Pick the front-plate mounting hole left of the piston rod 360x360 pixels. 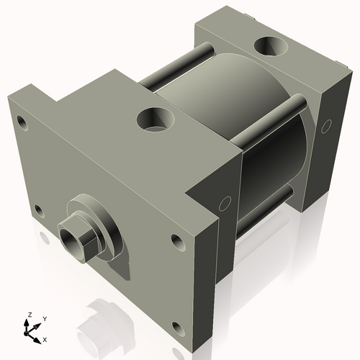pos(38,211)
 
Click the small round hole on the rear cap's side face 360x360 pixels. pos(325,127)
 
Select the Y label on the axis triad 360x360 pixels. pos(45,318)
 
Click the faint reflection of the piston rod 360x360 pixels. pos(97,328)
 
